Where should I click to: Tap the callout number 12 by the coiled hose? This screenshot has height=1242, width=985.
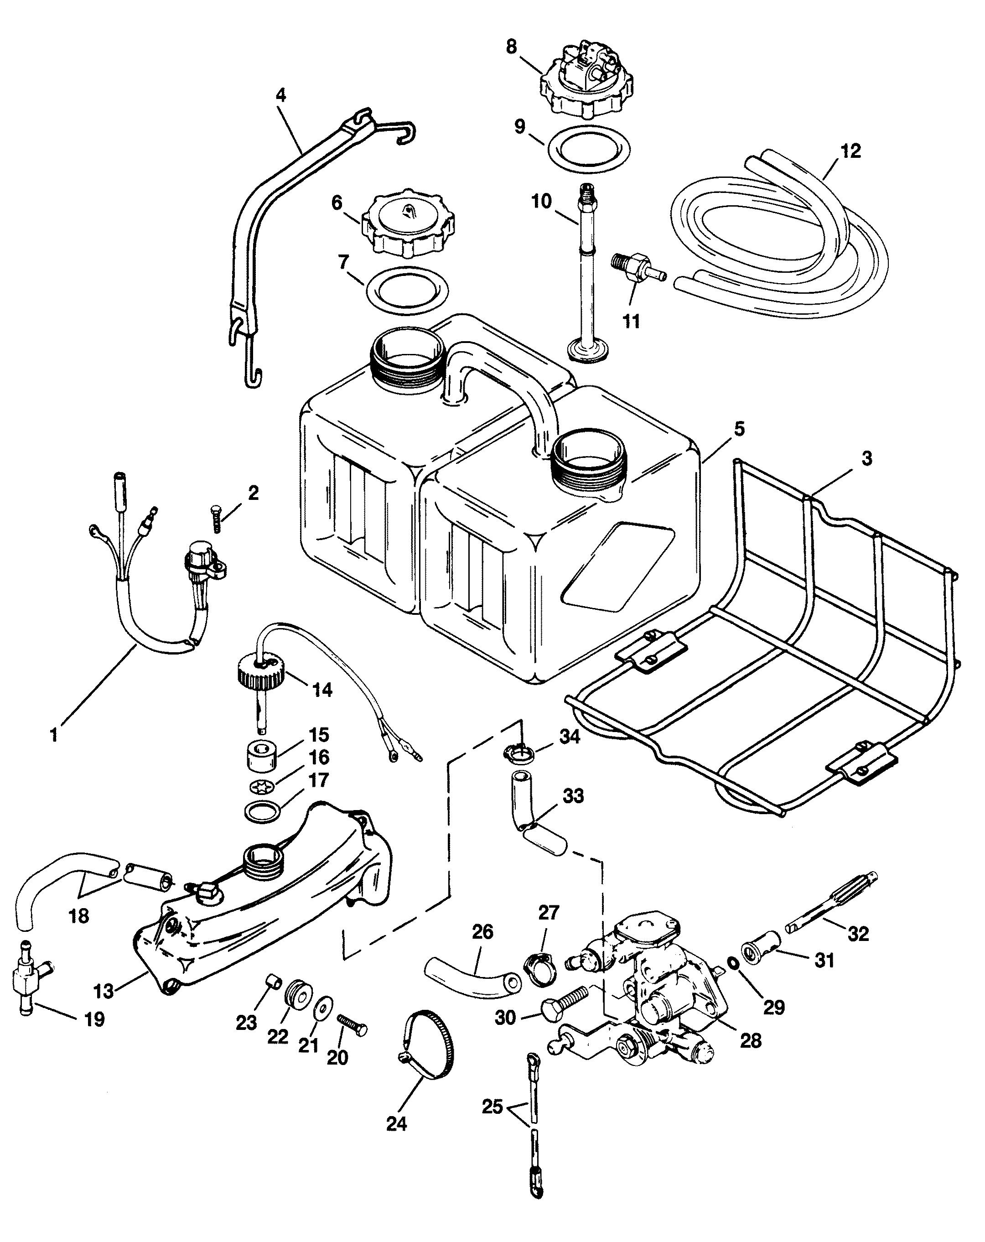(x=850, y=151)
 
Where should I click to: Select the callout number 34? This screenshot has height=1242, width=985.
(x=569, y=736)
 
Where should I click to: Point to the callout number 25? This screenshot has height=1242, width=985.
(x=492, y=1107)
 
